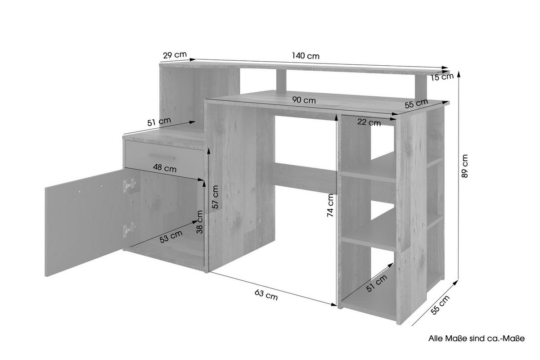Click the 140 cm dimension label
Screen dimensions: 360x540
(x=305, y=56)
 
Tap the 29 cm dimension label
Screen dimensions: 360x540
(x=175, y=55)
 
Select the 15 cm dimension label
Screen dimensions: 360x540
(x=441, y=77)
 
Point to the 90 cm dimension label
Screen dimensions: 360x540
(x=303, y=100)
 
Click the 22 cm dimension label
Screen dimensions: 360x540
(x=369, y=122)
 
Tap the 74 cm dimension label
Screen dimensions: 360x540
(x=331, y=206)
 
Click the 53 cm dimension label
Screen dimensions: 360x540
(x=171, y=237)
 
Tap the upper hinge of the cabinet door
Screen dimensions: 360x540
(x=130, y=184)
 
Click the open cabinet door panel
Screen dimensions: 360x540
(x=83, y=223)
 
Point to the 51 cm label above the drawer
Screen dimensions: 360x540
(x=158, y=122)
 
